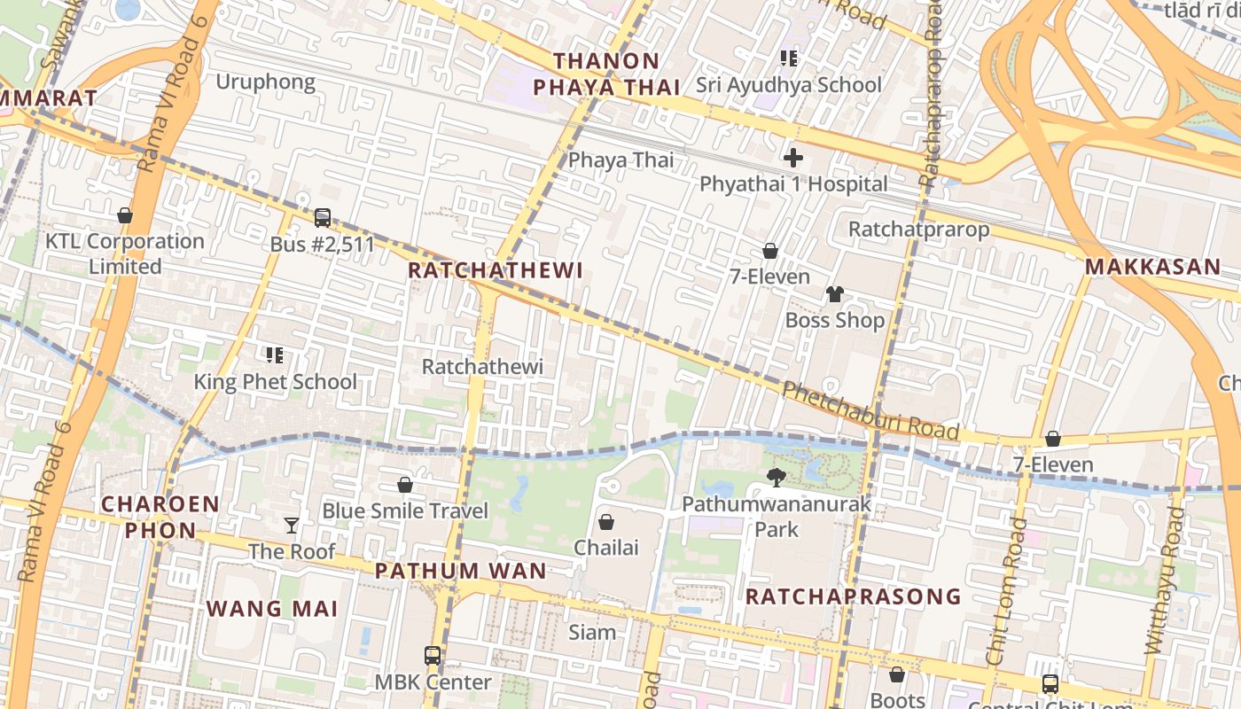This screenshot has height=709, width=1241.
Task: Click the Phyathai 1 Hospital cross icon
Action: tap(793, 158)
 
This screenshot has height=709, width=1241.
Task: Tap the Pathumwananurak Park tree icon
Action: tap(777, 478)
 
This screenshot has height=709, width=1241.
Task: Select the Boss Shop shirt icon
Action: tap(834, 294)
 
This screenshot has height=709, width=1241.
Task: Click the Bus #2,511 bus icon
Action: tap(323, 217)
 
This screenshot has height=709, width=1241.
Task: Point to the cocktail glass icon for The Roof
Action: tap(291, 526)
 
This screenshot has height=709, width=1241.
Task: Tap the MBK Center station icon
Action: tap(433, 656)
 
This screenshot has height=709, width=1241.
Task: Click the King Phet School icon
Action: tap(275, 355)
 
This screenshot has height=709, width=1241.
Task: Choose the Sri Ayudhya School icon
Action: tap(788, 58)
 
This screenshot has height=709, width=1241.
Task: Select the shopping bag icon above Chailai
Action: tap(606, 522)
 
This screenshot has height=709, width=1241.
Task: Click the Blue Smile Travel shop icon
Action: tap(405, 485)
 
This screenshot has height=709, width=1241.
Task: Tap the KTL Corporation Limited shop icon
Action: tap(125, 215)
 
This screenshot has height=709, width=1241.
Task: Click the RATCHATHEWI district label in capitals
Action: tap(496, 270)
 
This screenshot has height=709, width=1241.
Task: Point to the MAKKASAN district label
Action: tap(1152, 266)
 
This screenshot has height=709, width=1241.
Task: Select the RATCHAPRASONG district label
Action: tap(853, 596)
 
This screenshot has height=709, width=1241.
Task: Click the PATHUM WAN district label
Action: tap(460, 571)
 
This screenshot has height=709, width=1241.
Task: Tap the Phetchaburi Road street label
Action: tap(870, 410)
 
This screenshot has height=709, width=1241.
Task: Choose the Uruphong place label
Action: tap(266, 82)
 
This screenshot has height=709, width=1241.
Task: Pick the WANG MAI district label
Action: tap(272, 609)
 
